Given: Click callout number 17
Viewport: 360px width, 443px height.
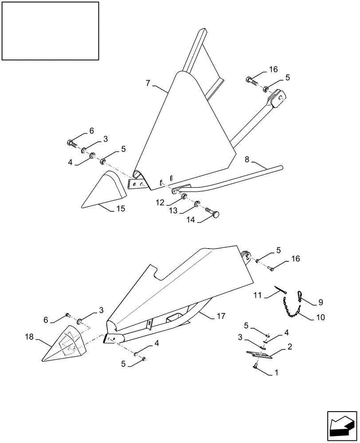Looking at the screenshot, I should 221,316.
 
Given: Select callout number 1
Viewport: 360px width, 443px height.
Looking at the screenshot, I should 277,374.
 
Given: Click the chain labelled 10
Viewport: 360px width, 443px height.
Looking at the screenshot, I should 291,310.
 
